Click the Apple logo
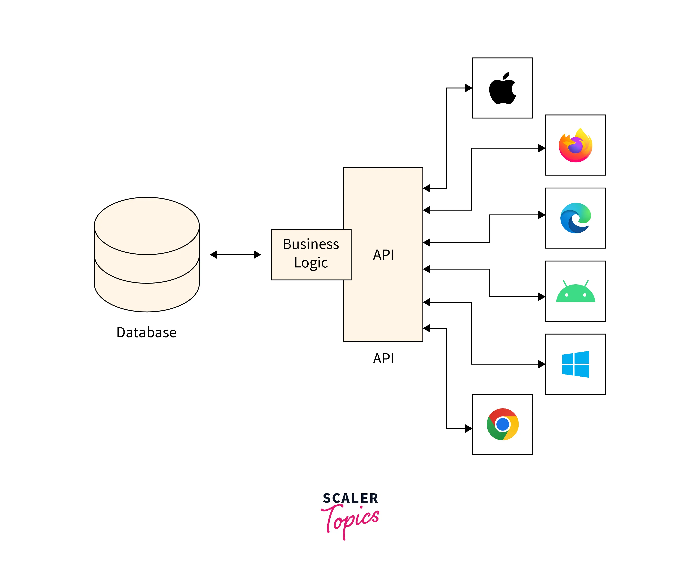502,88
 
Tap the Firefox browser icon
575,145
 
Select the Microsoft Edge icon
575,218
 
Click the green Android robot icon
575,292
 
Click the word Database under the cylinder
146,332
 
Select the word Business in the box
311,244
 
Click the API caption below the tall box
383,359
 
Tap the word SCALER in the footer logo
350,498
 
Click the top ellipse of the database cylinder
147,226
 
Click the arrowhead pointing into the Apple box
469,88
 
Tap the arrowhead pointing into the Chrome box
469,428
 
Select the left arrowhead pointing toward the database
214,255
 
